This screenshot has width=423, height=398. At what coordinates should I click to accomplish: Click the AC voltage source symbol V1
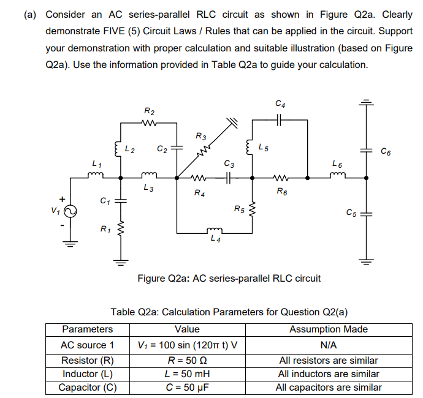(69, 209)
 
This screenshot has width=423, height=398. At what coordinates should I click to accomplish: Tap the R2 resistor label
(150, 111)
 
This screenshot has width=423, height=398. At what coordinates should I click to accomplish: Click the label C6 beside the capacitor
(385, 151)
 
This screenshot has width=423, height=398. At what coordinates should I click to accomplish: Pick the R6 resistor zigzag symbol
(280, 179)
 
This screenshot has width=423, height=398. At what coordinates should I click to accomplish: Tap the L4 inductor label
(214, 239)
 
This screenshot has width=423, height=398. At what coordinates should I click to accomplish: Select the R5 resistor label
(239, 210)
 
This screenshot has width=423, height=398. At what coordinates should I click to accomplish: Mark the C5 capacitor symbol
(366, 213)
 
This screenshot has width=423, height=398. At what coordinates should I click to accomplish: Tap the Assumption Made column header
(329, 329)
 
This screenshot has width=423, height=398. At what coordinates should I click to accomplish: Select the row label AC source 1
(87, 345)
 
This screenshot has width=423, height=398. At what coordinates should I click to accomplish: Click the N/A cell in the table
(329, 345)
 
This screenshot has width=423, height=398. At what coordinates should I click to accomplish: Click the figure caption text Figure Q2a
(229, 279)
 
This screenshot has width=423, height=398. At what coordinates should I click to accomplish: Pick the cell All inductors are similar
(329, 374)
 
